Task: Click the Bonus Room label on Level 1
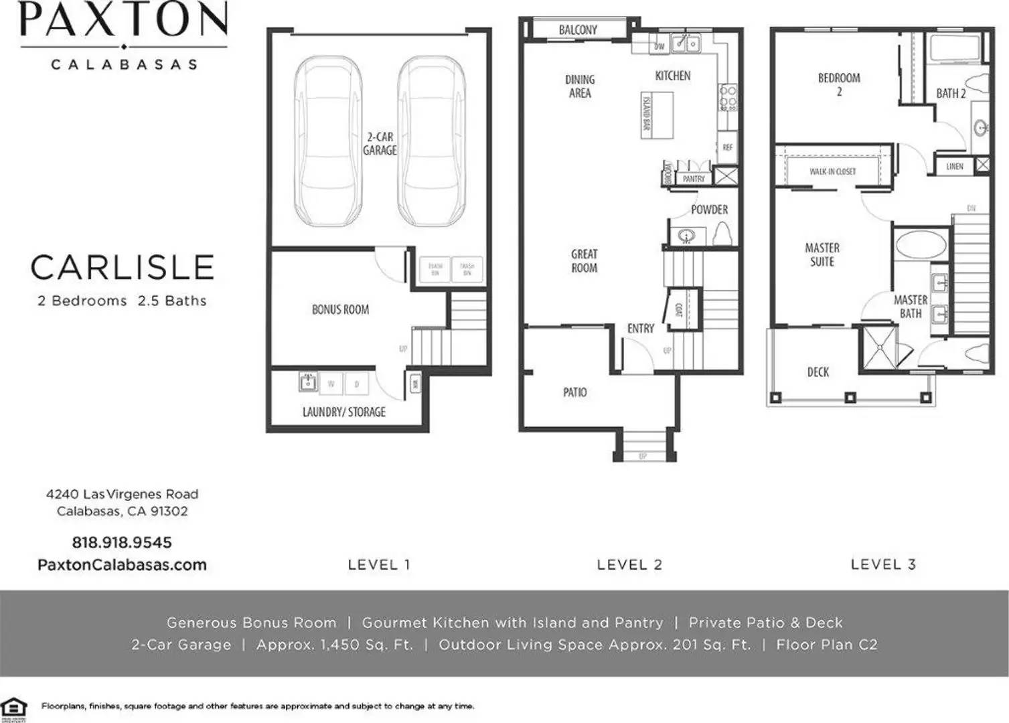click(340, 309)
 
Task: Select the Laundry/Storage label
click(343, 412)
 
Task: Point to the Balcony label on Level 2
click(578, 30)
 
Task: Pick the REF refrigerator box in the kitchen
click(727, 147)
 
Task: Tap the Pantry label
click(694, 179)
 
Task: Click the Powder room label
click(709, 210)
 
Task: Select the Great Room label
click(584, 261)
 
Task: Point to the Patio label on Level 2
click(574, 392)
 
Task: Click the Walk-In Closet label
click(832, 171)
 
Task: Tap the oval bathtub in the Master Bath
click(921, 245)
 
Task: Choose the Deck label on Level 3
click(818, 372)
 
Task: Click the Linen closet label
click(955, 166)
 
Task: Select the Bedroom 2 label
click(839, 84)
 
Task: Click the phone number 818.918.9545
click(122, 542)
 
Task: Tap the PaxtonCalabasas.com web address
click(122, 564)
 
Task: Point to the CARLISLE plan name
click(122, 268)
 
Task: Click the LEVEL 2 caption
click(629, 564)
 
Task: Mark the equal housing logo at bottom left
click(14, 707)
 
